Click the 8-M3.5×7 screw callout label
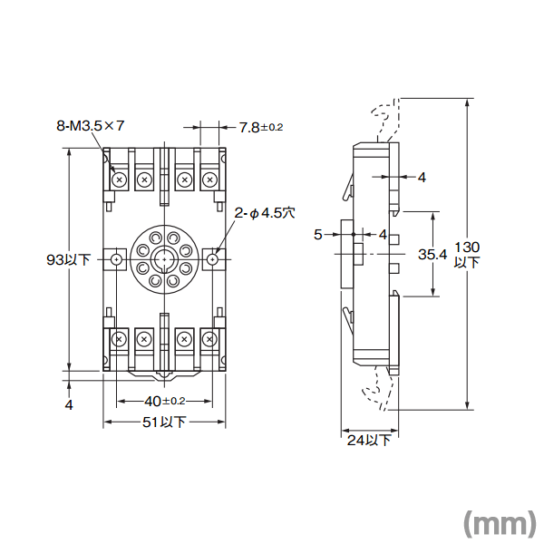tap(90, 128)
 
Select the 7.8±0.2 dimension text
tap(261, 128)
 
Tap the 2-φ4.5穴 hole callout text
tap(266, 214)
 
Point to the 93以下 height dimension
tap(68, 259)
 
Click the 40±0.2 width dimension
tap(164, 401)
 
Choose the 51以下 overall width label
tap(164, 423)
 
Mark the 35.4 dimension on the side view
tap(432, 255)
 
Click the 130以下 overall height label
tap(467, 254)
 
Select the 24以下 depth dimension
tap(369, 441)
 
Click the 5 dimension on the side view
tap(317, 235)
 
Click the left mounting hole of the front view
tap(117, 260)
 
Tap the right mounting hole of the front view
tap(212, 260)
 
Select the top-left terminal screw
tap(119, 180)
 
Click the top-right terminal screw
tap(209, 180)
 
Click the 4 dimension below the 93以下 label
tap(69, 405)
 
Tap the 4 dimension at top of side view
tap(422, 178)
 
